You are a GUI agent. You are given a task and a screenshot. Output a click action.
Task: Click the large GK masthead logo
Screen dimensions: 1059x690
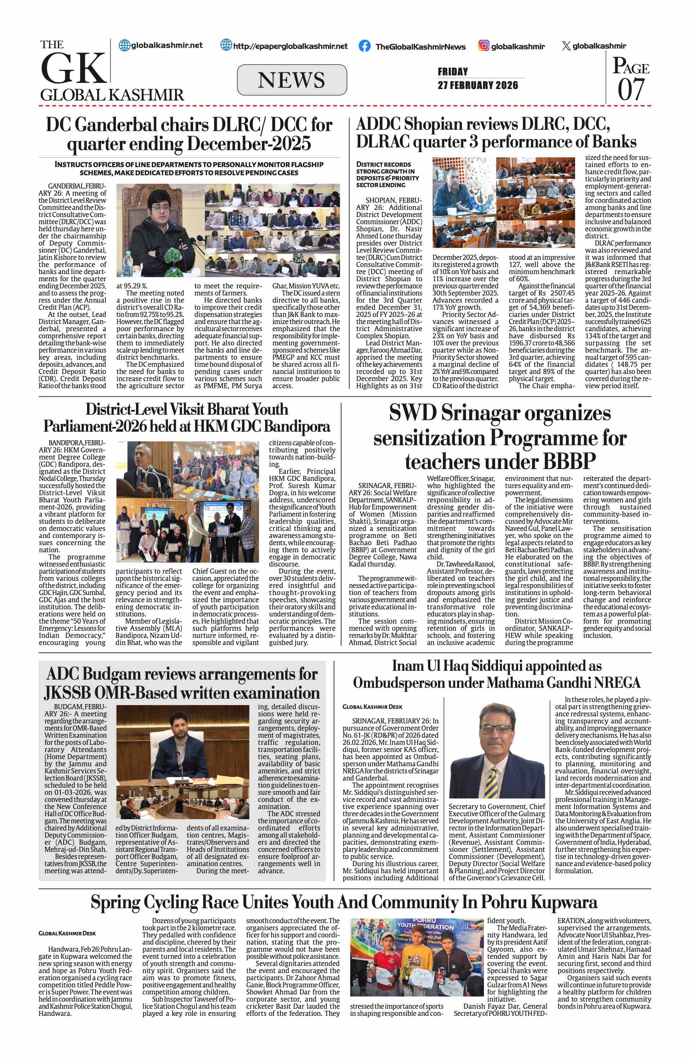point(73,68)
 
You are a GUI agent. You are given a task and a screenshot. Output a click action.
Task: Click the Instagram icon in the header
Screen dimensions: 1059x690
point(484,46)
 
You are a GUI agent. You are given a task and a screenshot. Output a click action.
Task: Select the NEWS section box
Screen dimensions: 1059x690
point(292,80)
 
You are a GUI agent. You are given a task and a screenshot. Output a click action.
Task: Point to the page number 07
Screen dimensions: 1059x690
point(631,89)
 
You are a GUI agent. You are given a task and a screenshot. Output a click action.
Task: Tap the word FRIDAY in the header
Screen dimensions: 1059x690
point(453,72)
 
